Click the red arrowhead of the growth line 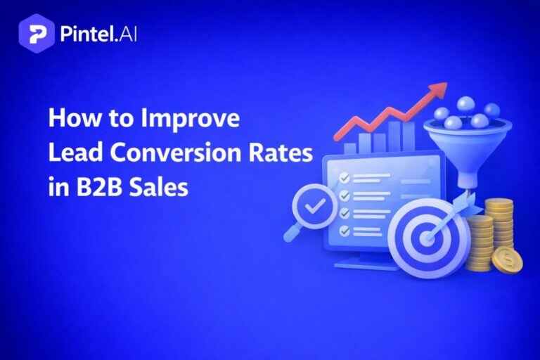click(439, 90)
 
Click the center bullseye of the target click(425, 237)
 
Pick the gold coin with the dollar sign click(506, 261)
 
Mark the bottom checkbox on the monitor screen click(345, 230)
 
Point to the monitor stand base click(366, 264)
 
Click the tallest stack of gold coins click(499, 225)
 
